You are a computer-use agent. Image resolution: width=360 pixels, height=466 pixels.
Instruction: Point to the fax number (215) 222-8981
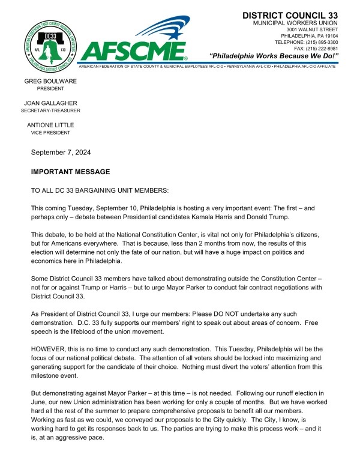pos(324,49)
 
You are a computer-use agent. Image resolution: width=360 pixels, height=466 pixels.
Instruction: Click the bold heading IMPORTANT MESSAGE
pos(70,172)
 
